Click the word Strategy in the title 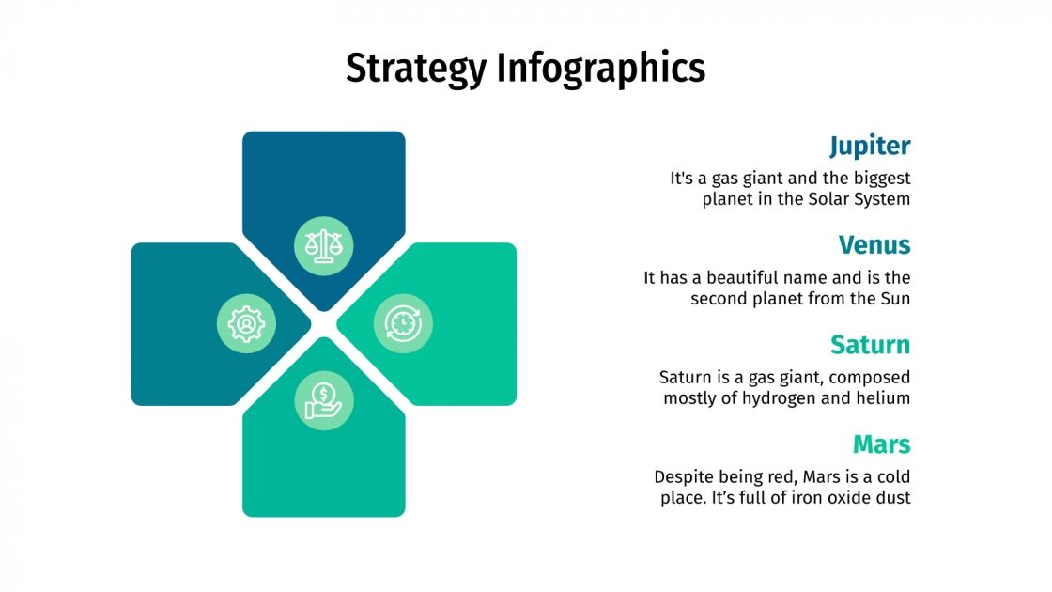click(416, 69)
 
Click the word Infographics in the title click(600, 69)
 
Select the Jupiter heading click(869, 146)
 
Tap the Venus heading click(874, 245)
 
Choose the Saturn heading click(870, 345)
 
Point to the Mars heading click(881, 444)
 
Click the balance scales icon click(324, 246)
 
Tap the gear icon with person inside click(246, 323)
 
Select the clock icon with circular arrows click(403, 323)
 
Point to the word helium click(884, 397)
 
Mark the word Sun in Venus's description click(895, 298)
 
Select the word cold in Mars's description click(892, 476)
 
